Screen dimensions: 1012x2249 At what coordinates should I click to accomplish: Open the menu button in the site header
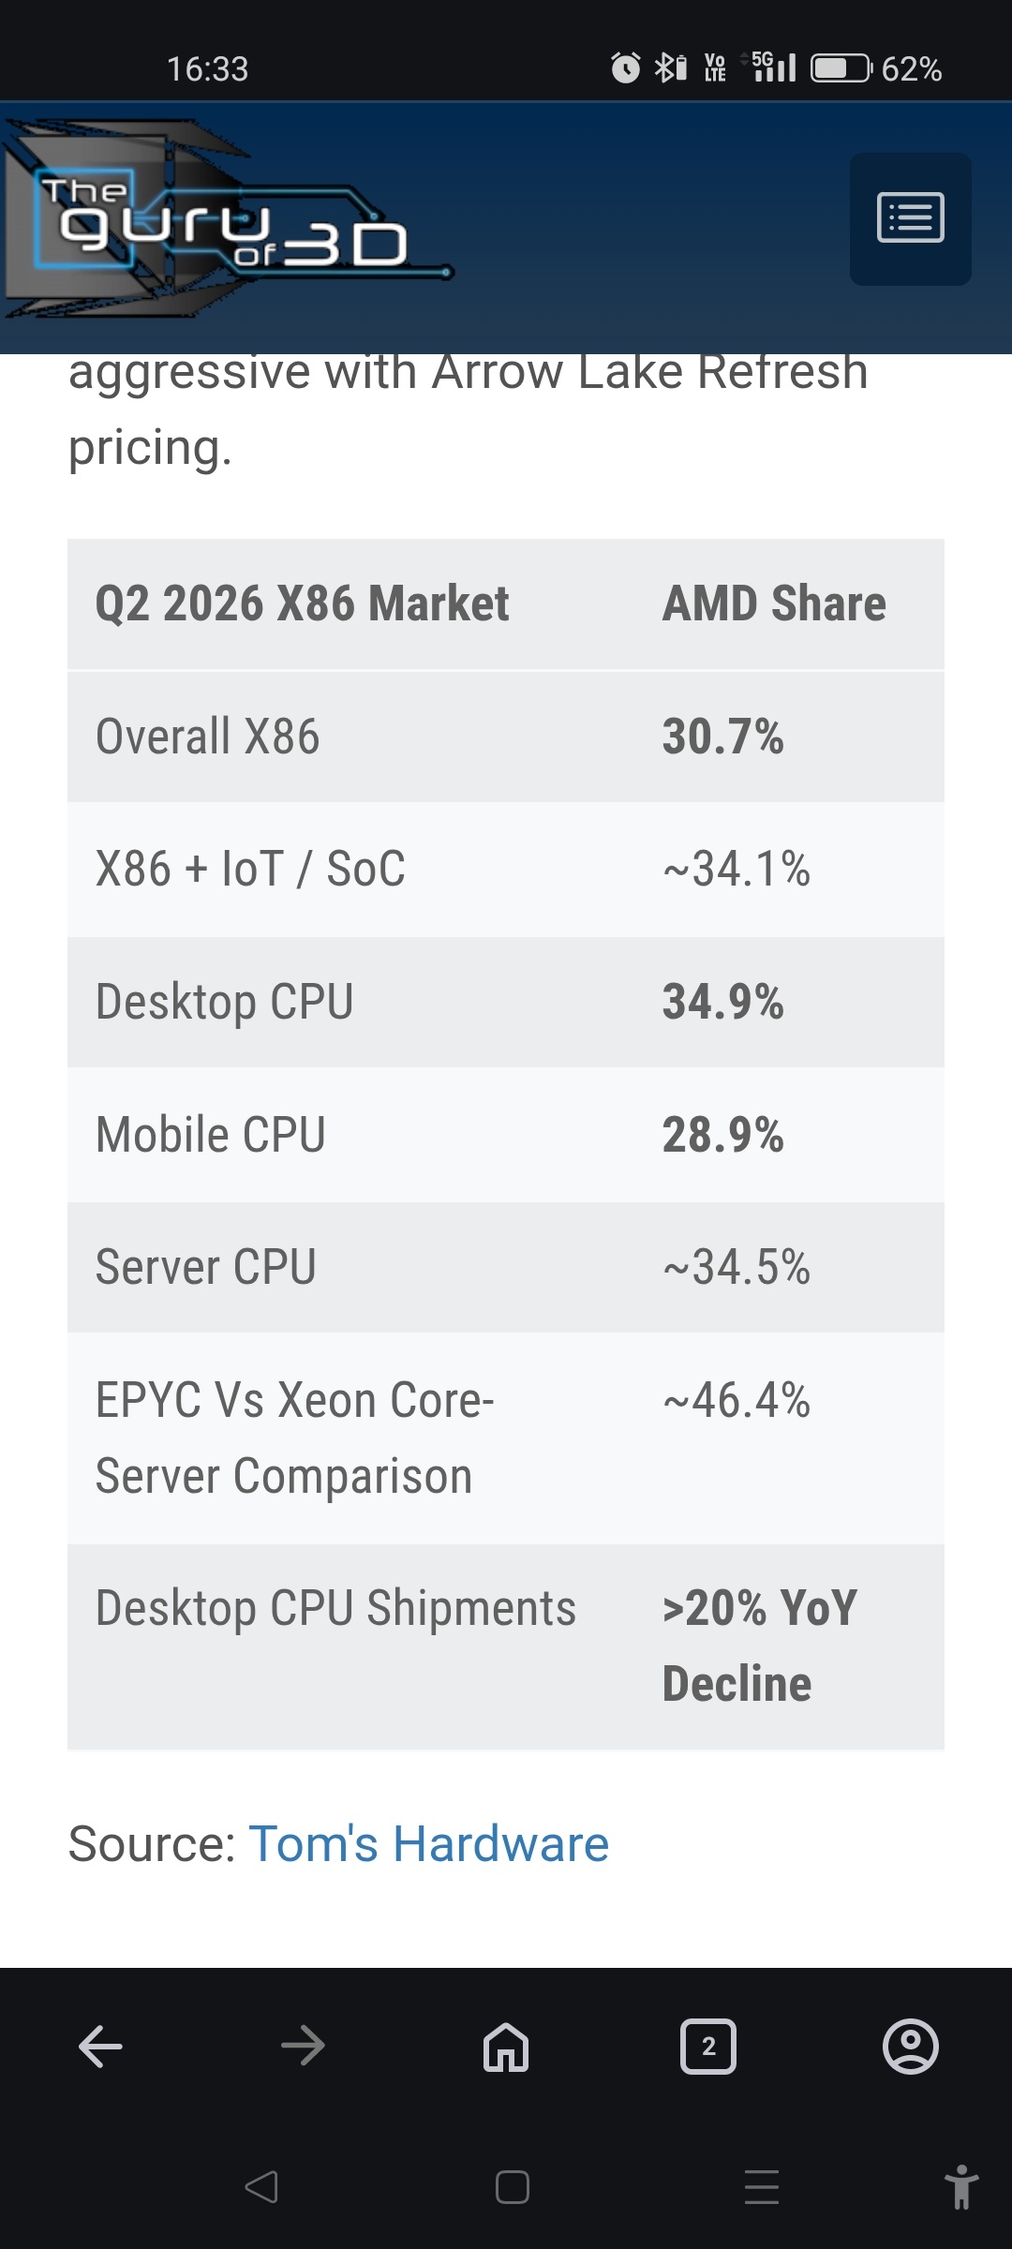click(910, 218)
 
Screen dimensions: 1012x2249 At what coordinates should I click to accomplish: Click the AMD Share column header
click(774, 603)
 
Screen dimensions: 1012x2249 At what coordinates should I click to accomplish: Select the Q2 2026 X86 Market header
click(303, 603)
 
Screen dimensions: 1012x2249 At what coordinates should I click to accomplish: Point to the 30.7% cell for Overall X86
click(722, 736)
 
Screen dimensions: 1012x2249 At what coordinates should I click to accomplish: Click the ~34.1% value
click(737, 869)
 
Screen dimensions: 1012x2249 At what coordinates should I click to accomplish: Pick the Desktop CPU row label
click(225, 1002)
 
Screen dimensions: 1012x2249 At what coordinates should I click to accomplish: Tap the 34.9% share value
click(722, 1002)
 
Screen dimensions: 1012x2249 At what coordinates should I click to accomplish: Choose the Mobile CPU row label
click(211, 1135)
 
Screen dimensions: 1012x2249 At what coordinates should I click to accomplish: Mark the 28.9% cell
click(722, 1135)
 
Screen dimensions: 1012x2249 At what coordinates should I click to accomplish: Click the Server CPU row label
click(206, 1267)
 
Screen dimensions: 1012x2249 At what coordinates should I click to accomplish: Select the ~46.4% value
click(737, 1400)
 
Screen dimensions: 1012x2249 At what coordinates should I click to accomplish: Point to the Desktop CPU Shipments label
click(335, 1608)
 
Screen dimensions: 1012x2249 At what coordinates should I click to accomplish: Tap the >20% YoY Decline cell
click(759, 1646)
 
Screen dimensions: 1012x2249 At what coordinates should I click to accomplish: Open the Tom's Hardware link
click(428, 1844)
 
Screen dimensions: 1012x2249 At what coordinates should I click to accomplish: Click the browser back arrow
click(101, 2047)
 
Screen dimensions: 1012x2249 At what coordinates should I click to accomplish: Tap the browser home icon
click(506, 2047)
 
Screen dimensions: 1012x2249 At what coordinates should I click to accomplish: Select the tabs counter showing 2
click(708, 2047)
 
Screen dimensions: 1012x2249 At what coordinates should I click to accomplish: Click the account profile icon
click(911, 2047)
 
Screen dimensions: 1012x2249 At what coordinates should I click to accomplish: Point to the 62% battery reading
click(912, 68)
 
